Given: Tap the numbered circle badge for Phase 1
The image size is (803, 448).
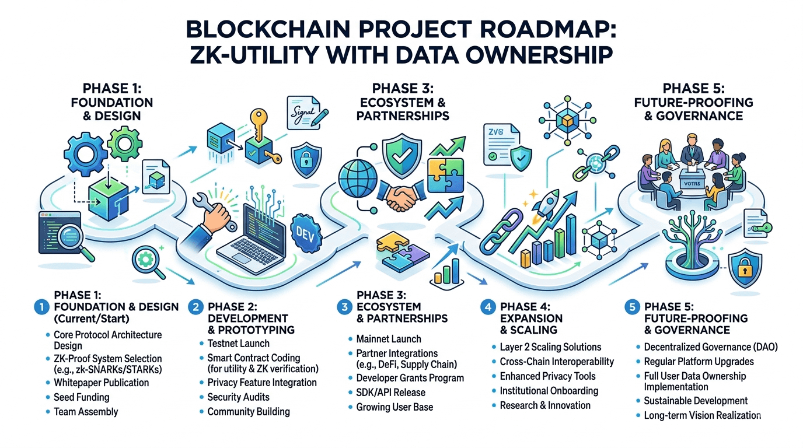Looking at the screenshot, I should click(x=41, y=307).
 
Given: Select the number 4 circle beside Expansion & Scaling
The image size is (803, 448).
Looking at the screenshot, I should click(x=487, y=307).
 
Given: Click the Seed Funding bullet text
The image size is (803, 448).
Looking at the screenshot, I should click(x=81, y=397).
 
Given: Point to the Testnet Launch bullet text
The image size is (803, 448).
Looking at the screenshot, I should click(x=238, y=344).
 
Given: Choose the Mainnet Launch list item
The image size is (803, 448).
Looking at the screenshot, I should click(x=388, y=339).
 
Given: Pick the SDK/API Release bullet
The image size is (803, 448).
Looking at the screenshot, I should click(x=390, y=393).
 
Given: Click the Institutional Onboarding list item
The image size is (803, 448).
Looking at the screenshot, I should click(x=549, y=391).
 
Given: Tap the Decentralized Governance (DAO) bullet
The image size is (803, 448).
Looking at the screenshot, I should click(x=710, y=347).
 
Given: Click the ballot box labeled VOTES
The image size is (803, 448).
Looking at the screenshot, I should click(x=692, y=185).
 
